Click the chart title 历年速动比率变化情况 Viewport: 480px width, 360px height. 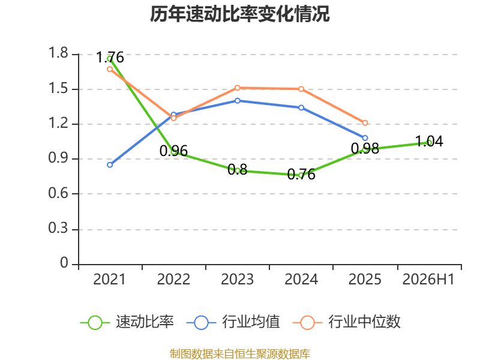239,14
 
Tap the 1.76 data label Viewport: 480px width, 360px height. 110,58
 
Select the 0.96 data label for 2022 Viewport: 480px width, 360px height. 173,151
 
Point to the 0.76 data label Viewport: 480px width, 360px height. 301,175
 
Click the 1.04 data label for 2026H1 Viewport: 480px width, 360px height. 429,142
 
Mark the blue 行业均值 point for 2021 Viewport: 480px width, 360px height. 110,165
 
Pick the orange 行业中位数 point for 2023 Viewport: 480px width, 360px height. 238,88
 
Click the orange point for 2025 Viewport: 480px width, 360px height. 365,123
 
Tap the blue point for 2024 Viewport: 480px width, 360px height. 301,108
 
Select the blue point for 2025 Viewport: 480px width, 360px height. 365,138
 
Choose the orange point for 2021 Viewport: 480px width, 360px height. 110,69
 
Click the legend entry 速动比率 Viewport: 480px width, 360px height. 127,322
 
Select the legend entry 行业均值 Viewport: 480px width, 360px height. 233,322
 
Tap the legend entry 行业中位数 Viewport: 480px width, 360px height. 346,322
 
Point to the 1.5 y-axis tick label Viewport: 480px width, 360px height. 58,89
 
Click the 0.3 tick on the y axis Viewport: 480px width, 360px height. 58,229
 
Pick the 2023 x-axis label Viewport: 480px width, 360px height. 238,280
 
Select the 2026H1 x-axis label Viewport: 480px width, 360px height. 428,280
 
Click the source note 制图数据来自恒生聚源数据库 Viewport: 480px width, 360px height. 240,354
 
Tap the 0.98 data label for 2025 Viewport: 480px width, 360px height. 365,149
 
